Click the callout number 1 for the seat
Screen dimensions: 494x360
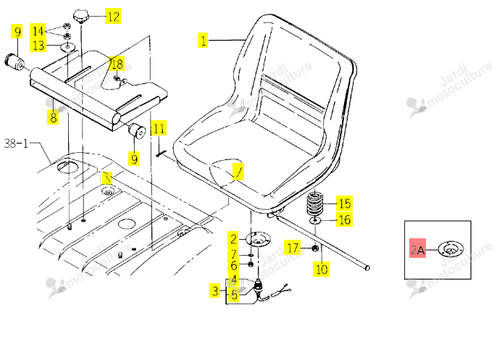[203, 41]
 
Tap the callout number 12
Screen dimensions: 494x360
[113, 17]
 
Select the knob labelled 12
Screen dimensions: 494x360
[81, 17]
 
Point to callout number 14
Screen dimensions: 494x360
[38, 31]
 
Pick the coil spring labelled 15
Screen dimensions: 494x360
[315, 204]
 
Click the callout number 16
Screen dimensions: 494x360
[344, 219]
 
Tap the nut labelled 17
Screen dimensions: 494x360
[315, 248]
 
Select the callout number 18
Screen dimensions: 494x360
[117, 64]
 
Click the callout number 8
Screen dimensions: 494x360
[53, 117]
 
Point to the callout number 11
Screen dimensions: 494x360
[159, 128]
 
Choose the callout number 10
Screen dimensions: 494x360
[322, 269]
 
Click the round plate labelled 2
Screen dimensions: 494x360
[258, 239]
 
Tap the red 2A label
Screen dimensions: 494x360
[417, 248]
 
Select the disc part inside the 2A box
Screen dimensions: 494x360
[451, 249]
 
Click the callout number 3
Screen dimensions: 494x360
[215, 290]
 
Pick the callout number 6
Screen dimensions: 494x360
[233, 265]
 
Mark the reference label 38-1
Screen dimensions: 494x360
[16, 144]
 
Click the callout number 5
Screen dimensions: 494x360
[234, 295]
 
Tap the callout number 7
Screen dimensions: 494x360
[233, 254]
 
